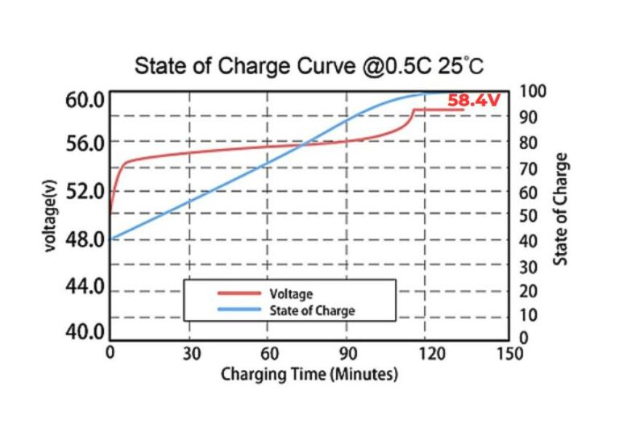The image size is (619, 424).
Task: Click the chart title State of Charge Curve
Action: [309, 65]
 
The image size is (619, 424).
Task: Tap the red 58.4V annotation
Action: [474, 101]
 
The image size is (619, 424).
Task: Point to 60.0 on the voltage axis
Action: [85, 101]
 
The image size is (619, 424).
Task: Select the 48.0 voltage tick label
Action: [85, 239]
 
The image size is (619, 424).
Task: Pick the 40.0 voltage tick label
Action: [85, 332]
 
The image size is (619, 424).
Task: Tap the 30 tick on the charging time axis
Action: [190, 354]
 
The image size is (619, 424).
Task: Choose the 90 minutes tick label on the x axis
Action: [347, 354]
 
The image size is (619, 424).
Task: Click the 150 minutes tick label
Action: [509, 354]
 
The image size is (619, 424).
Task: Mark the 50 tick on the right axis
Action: [528, 216]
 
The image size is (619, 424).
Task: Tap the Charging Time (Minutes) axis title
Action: [309, 375]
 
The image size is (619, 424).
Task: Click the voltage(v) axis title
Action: [52, 215]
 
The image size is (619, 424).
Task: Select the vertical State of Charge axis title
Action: [561, 208]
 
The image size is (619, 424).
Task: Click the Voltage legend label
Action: [290, 294]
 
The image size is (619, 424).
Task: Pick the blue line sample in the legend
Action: [239, 310]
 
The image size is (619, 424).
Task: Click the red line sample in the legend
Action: [239, 294]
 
